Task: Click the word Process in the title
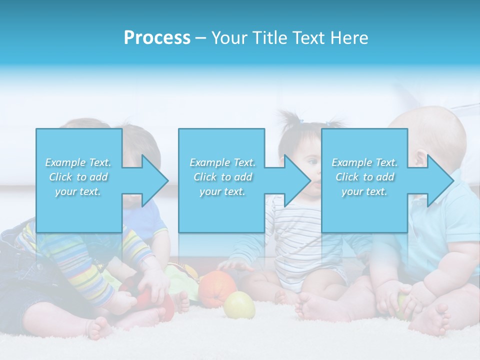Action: [157, 38]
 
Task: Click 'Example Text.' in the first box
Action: [78, 162]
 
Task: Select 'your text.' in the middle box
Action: [222, 191]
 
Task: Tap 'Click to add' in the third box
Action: [365, 177]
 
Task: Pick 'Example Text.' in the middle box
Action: [222, 162]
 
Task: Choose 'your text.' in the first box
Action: [78, 191]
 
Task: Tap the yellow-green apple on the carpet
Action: [239, 305]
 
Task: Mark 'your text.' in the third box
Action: [364, 191]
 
